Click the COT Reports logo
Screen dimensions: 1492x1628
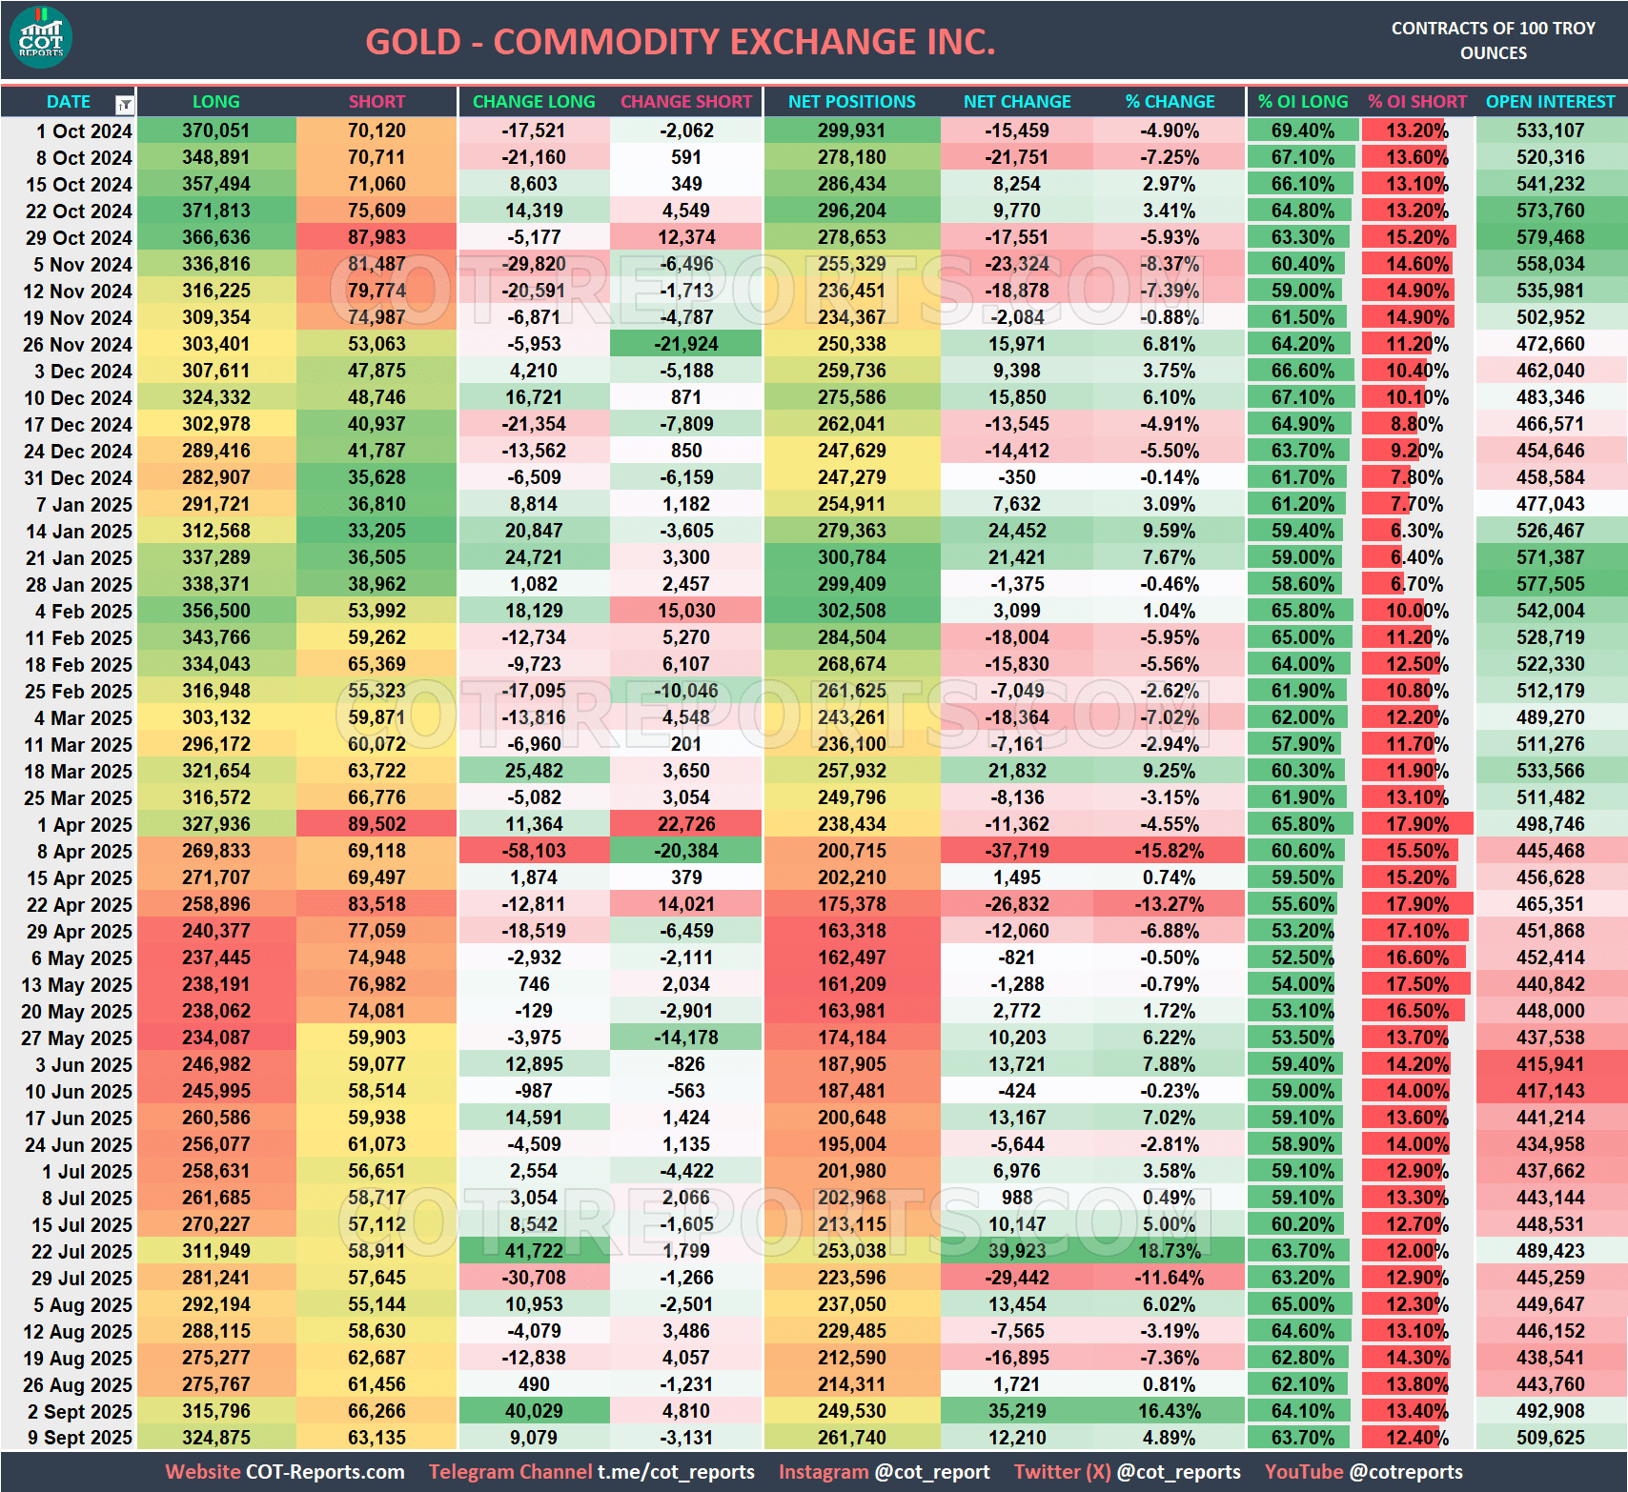point(41,38)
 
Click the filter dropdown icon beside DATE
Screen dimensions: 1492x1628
point(124,104)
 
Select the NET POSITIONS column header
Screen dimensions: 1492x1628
point(851,102)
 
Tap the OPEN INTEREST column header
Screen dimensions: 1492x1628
point(1550,102)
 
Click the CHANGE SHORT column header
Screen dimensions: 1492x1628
point(686,102)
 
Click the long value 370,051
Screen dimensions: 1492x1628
point(216,131)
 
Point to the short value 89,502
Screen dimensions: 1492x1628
point(376,824)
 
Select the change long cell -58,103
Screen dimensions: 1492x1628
point(534,851)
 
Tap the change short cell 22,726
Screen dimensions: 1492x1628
point(686,824)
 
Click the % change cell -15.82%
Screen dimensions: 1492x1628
point(1170,851)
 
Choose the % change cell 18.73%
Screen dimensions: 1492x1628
point(1170,1251)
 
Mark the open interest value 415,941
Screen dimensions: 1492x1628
point(1550,1064)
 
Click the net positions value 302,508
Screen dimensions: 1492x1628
point(851,611)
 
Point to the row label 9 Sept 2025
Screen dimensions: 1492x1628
point(79,1438)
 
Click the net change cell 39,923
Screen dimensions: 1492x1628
point(1017,1251)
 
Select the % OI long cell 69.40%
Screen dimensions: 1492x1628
point(1302,131)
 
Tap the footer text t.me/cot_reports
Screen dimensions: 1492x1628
point(676,1472)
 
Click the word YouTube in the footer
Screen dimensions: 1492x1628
point(1303,1472)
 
